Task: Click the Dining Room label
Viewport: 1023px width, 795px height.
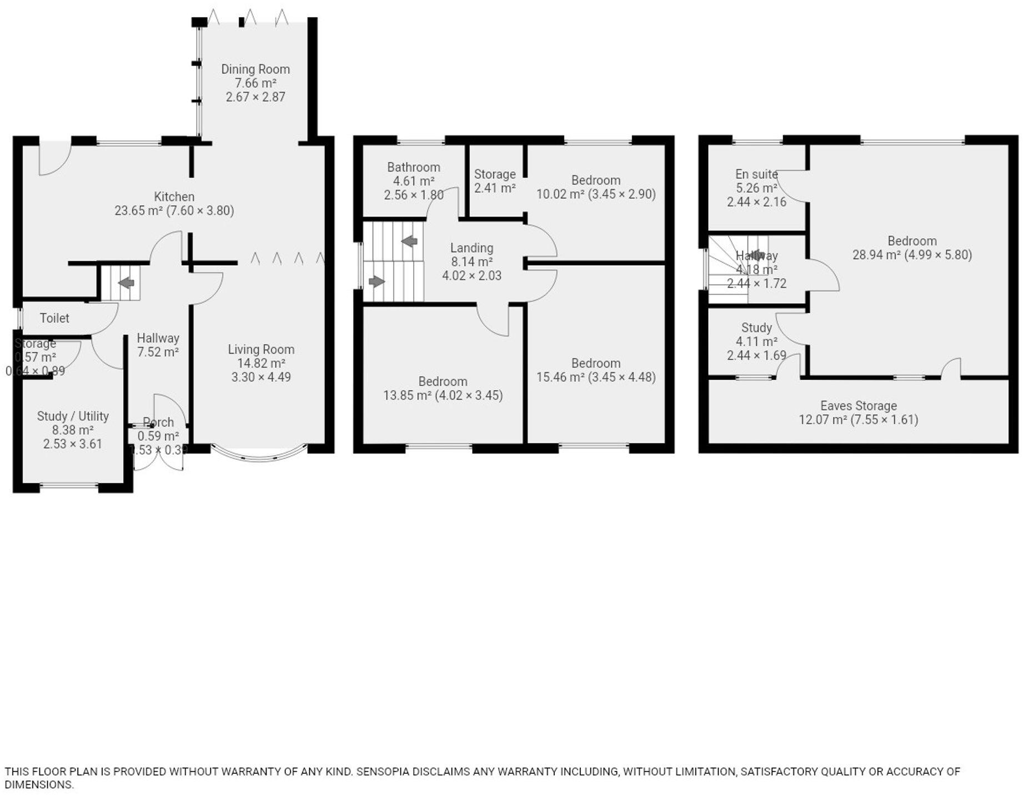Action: (x=255, y=69)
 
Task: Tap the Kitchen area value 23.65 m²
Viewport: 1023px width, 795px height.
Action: (x=138, y=211)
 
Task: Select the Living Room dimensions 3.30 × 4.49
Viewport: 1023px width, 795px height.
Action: (x=260, y=377)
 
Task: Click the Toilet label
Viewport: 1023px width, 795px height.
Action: (x=54, y=318)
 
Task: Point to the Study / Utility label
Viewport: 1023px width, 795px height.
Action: (x=73, y=416)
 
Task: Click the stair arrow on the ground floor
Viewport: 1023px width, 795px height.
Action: (x=127, y=283)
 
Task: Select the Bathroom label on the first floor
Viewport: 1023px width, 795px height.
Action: (x=414, y=167)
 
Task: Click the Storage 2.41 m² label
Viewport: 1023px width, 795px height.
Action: (x=495, y=181)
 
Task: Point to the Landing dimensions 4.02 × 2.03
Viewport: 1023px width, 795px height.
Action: (x=472, y=275)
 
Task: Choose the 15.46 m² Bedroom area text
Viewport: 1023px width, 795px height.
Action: (x=560, y=377)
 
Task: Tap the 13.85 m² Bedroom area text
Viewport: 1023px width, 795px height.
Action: (x=407, y=395)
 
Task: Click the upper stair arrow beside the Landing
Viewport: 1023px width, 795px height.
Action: (x=410, y=241)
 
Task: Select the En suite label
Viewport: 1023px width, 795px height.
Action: (x=756, y=174)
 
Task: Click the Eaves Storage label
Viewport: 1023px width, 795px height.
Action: (x=858, y=406)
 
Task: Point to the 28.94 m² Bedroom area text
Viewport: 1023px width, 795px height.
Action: (x=876, y=255)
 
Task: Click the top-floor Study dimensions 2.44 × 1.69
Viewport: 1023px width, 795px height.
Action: (x=756, y=355)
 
